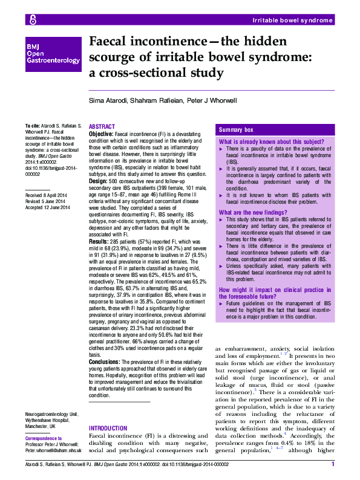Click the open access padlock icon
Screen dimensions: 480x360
pyautogui.click(x=33, y=20)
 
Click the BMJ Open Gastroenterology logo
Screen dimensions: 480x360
pyautogui.click(x=53, y=53)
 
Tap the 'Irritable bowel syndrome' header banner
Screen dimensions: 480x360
pyautogui.click(x=292, y=20)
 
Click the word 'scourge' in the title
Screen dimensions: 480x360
pyautogui.click(x=112, y=59)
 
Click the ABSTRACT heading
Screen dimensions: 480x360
pyautogui.click(x=102, y=126)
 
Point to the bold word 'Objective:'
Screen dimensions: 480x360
pyautogui.click(x=100, y=132)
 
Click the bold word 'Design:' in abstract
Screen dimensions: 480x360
pyautogui.click(x=98, y=181)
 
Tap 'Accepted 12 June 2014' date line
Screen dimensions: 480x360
pyautogui.click(x=48, y=208)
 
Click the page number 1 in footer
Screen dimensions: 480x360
pyautogui.click(x=332, y=465)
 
